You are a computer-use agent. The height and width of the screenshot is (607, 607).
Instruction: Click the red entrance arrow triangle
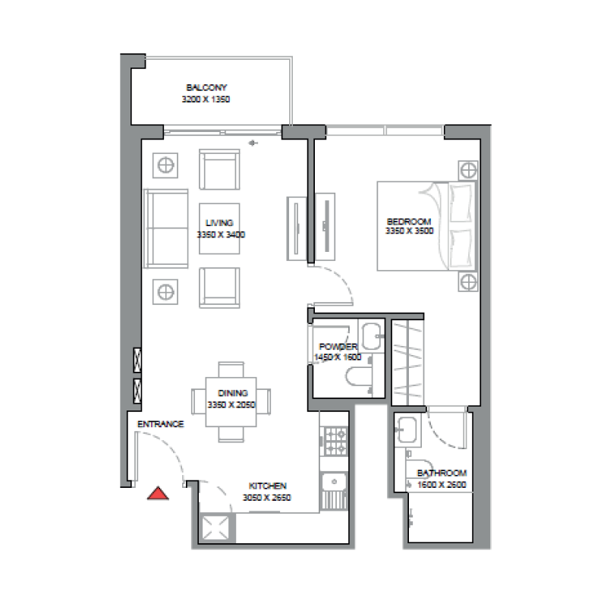coord(157,494)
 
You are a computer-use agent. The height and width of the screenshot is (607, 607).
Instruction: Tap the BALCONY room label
coord(206,87)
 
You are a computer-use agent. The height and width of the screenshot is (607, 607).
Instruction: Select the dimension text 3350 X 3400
coord(221,235)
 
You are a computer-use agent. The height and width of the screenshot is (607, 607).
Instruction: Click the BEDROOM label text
coord(409,222)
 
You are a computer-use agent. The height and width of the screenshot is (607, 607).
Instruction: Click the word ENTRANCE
coord(160,424)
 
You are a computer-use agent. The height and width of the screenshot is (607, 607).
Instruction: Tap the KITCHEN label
coord(267,486)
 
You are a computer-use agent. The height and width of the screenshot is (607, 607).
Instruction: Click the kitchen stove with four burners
coord(335,441)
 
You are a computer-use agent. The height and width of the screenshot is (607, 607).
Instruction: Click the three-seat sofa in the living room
coord(167,228)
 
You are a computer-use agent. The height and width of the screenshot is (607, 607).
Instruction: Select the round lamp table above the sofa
coord(165,164)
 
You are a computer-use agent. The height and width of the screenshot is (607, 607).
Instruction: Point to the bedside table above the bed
coord(467,169)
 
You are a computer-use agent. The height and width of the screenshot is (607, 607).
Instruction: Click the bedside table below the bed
coord(467,282)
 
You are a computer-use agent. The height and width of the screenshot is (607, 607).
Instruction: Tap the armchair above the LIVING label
coord(219,170)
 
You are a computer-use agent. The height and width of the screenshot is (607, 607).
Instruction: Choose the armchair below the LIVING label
coord(219,288)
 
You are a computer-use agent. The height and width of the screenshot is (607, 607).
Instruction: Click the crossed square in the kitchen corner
coord(216,527)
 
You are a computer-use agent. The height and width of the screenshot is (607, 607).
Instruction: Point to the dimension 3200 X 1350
coord(206,99)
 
